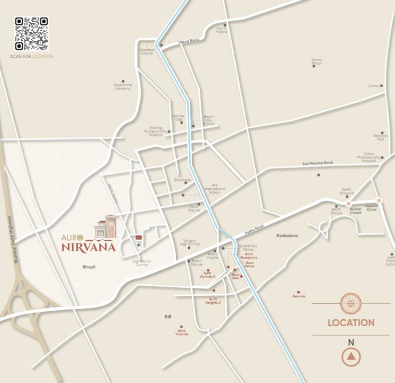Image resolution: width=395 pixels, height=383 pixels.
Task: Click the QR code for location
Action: [31, 34]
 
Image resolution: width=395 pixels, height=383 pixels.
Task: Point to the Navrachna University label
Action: [122, 87]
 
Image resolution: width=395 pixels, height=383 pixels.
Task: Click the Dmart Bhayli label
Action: [317, 62]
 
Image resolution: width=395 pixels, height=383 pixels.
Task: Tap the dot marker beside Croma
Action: [382, 86]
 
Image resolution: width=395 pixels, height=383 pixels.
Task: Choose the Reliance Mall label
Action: [381, 138]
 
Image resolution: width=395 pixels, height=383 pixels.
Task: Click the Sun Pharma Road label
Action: [317, 163]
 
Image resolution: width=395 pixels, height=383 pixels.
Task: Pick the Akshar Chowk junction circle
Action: [349, 203]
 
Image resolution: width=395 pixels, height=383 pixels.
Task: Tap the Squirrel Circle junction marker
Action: [379, 200]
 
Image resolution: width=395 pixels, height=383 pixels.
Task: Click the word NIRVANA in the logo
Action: [89, 246]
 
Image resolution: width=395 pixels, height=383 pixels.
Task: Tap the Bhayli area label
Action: [89, 267]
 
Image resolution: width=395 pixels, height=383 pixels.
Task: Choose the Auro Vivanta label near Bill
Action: [181, 332]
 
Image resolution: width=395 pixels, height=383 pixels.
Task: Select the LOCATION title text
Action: [351, 323]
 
